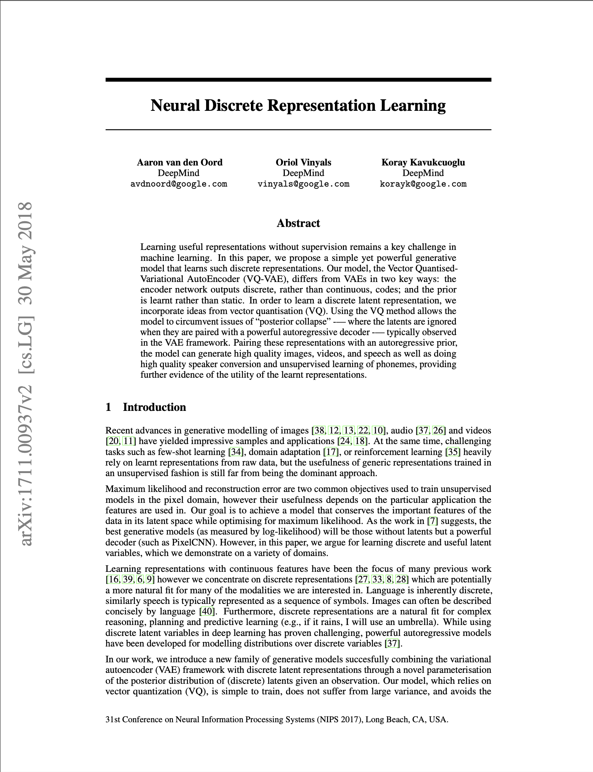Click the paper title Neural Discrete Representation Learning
tap(298, 105)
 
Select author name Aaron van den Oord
tap(179, 162)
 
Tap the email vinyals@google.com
tap(303, 184)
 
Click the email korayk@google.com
tap(423, 184)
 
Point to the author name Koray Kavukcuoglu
tap(423, 162)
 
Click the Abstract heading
tap(298, 223)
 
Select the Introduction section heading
tap(154, 407)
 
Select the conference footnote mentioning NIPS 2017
tap(277, 719)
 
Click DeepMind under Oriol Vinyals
tap(303, 173)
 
